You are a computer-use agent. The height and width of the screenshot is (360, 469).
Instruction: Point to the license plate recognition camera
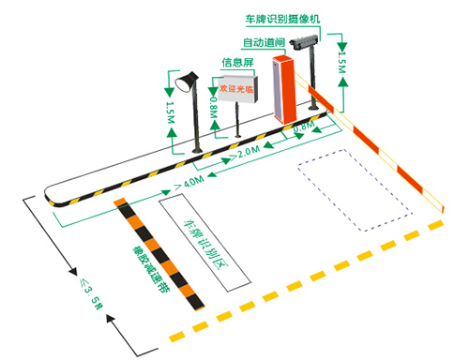pyautogui.click(x=306, y=42)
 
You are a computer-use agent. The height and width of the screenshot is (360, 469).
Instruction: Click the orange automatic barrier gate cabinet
pyautogui.click(x=283, y=90)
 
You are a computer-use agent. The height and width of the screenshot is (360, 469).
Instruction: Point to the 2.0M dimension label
pyautogui.click(x=248, y=151)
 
